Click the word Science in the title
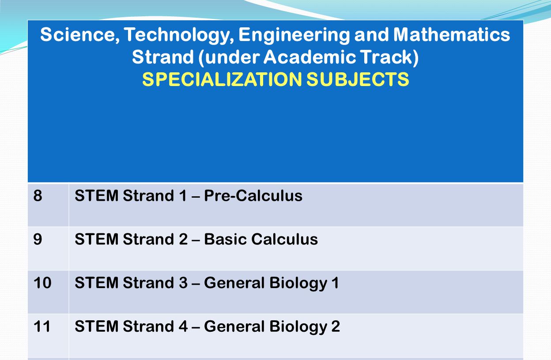click(x=77, y=34)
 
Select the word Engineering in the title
click(x=294, y=34)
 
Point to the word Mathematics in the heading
click(x=452, y=34)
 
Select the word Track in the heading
click(x=390, y=57)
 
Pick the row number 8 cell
click(x=38, y=195)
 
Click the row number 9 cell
click(x=38, y=239)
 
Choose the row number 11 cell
click(x=42, y=326)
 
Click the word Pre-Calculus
click(x=253, y=195)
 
